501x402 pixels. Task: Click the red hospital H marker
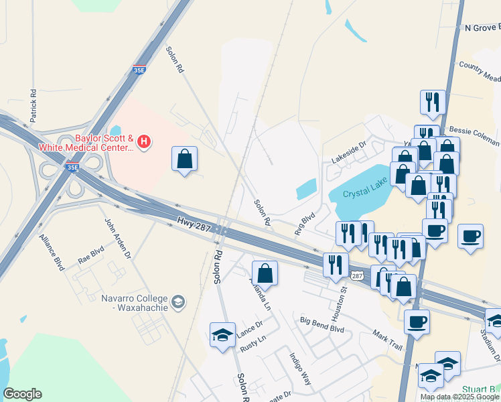144,141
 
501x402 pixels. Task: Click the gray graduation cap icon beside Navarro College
178,302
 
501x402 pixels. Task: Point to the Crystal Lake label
366,194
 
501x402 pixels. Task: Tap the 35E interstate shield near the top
139,69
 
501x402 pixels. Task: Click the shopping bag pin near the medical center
184,159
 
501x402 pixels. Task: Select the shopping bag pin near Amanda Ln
265,273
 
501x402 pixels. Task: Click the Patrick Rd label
32,106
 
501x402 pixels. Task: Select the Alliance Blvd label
51,251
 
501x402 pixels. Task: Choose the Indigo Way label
300,369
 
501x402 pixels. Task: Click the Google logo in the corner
22,394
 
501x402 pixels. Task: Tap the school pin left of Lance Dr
222,334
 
